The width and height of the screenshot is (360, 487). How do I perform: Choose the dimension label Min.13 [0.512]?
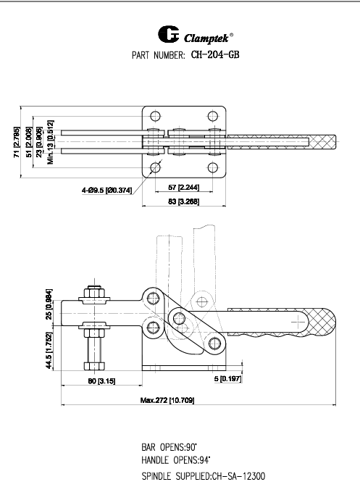point(51,142)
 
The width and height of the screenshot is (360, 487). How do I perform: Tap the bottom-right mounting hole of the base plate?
point(213,167)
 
